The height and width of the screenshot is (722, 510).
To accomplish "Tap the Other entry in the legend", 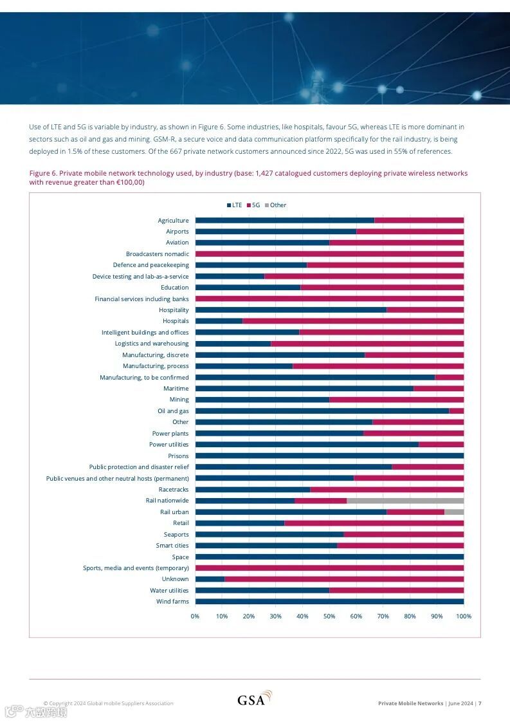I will (275, 205).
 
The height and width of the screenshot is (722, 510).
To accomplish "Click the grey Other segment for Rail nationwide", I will (405, 501).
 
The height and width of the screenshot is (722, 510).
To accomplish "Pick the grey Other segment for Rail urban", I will (454, 512).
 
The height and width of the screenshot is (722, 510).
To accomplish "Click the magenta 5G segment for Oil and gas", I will (456, 411).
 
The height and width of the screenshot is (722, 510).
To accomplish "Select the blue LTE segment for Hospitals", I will (219, 321).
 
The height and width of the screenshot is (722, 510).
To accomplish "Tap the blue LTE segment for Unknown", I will (210, 579).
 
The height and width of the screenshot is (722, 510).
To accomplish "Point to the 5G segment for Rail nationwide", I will (320, 501).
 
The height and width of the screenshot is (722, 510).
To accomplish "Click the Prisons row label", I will (178, 456).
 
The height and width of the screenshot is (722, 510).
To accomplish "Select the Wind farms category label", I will (172, 602).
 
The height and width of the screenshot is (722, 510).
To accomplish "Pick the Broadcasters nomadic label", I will (158, 254).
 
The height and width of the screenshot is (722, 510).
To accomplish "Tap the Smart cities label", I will (172, 546).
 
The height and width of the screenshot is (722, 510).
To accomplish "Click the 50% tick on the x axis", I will (329, 616).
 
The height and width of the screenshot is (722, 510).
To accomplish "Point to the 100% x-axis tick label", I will (463, 616).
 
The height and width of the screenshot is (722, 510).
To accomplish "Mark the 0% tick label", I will (195, 616).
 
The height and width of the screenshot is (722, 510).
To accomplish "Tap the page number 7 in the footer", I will (479, 703).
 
